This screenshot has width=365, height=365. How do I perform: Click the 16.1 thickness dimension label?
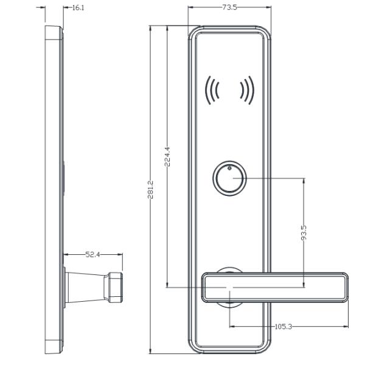coord(78,8)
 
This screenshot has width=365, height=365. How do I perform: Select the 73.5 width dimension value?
coord(229,7)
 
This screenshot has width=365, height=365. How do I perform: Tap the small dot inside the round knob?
coord(229,169)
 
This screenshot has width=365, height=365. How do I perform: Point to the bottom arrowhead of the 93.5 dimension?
coord(304,284)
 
